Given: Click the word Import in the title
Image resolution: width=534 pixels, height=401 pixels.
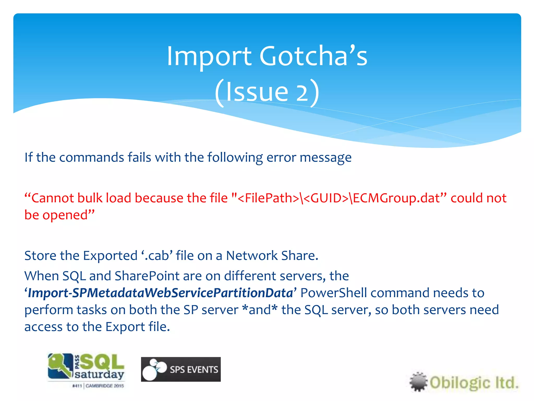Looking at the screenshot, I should tap(209, 56).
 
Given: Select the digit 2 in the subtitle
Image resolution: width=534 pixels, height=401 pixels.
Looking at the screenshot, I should tap(302, 93).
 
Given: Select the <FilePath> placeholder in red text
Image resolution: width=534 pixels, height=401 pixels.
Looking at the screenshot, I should tap(269, 198).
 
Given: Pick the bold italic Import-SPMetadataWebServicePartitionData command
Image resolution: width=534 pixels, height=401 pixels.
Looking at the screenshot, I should tap(160, 293).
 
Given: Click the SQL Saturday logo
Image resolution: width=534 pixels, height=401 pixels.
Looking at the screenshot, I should tap(86, 367).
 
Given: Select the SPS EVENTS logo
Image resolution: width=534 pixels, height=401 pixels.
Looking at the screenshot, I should tap(181, 369).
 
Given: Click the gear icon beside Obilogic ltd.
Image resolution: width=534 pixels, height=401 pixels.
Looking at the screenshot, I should tap(418, 382).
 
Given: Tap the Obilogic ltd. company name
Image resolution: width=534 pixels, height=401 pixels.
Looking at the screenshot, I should tap(474, 383).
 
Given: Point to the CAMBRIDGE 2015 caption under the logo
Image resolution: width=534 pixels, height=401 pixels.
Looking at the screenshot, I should tap(105, 386).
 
